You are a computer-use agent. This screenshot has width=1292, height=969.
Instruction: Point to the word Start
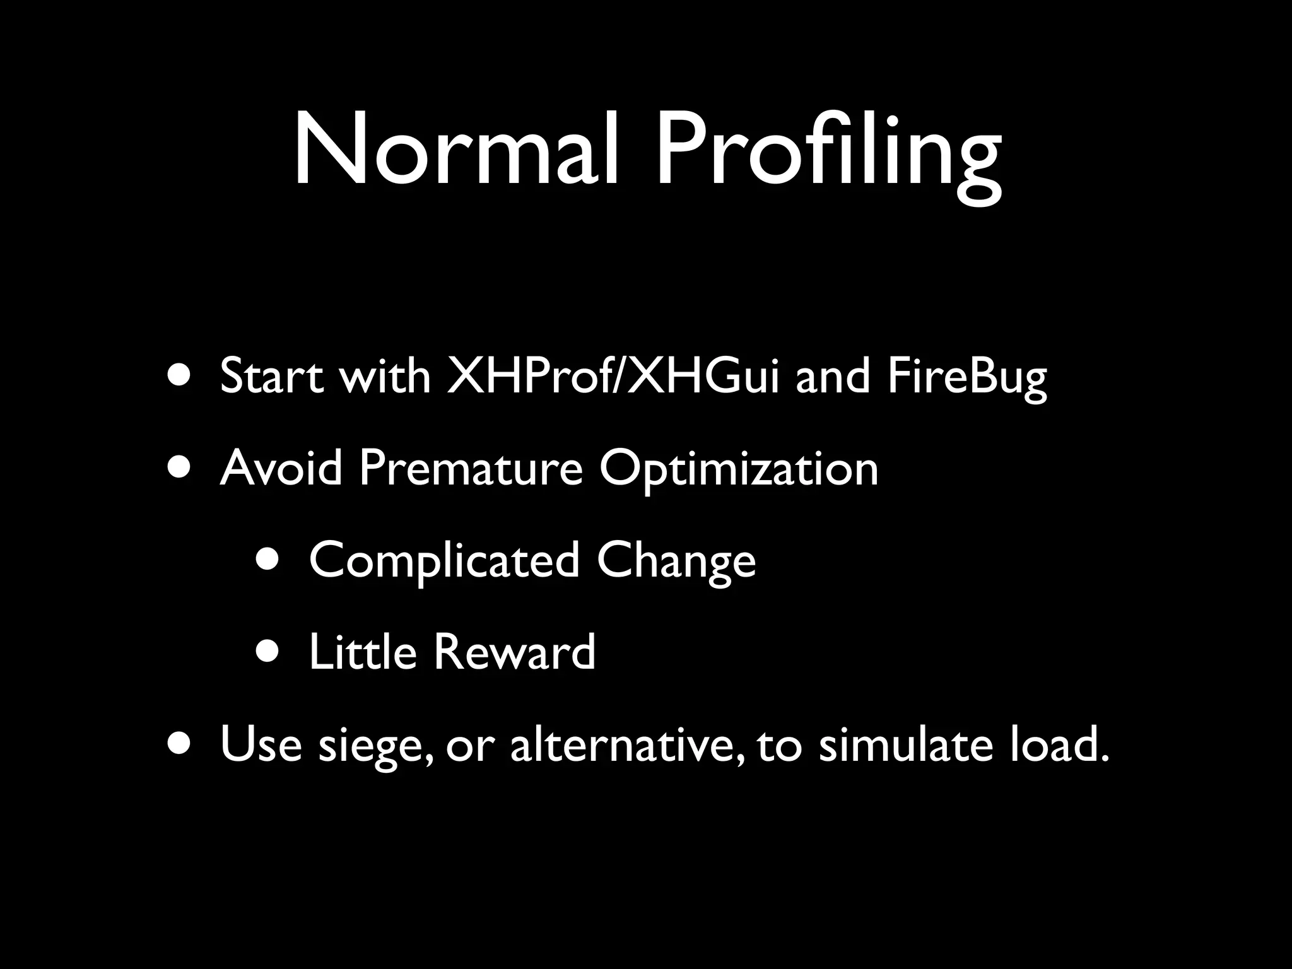(x=272, y=377)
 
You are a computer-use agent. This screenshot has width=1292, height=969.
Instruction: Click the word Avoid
(x=281, y=468)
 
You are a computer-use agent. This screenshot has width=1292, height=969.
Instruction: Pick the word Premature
(x=471, y=468)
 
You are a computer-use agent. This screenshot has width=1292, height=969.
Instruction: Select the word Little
(x=362, y=652)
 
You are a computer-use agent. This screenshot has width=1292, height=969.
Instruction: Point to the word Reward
(x=514, y=652)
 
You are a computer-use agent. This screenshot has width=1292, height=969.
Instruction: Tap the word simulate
(x=905, y=744)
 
